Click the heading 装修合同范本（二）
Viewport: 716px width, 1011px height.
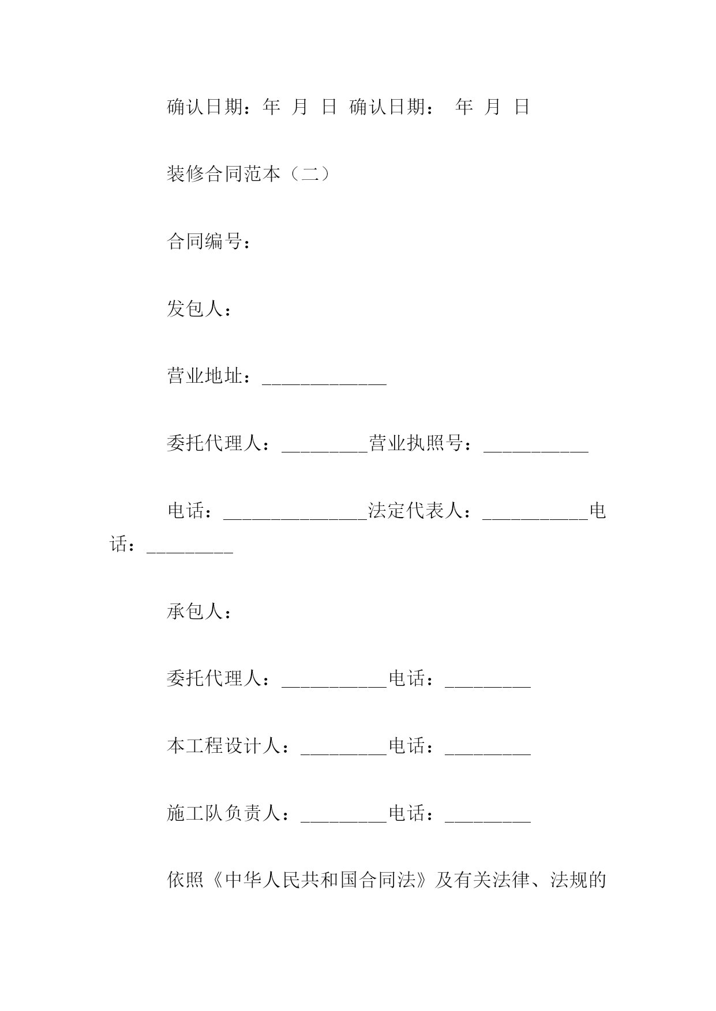point(249,173)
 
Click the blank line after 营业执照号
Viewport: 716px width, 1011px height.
point(536,451)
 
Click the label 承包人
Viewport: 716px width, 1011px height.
point(195,612)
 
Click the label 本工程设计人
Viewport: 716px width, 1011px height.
point(224,746)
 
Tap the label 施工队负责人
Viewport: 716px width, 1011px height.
point(224,814)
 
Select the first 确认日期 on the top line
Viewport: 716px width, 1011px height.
point(205,107)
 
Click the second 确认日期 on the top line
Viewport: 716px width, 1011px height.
point(388,107)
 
